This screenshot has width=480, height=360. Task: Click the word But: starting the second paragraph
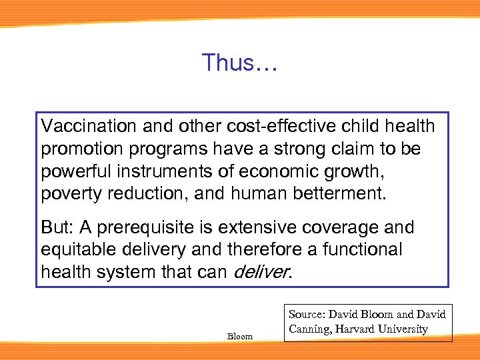[57, 227]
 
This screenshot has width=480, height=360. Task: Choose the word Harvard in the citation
[357, 329]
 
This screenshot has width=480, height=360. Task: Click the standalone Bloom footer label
[240, 336]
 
